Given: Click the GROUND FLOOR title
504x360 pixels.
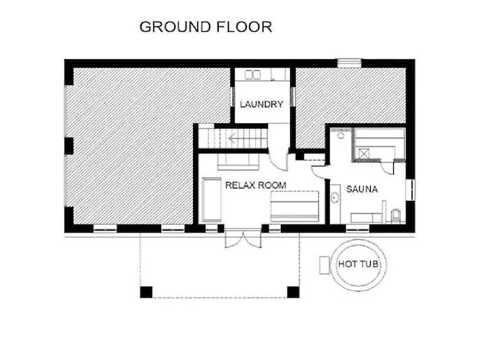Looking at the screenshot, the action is [206, 27].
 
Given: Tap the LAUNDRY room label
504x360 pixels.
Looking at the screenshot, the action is [261, 104].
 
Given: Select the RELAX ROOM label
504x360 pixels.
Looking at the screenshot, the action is [256, 185].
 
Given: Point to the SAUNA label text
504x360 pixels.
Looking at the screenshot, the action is [361, 189].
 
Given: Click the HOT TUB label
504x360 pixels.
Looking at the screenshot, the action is [358, 264].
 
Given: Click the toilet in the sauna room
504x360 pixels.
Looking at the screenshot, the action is [396, 216].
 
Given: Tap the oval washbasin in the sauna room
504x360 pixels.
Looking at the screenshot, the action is [335, 197].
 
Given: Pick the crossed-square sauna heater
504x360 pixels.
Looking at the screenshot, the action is [364, 153].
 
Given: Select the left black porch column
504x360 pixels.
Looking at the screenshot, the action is [146, 292].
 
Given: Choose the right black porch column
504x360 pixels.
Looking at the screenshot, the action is [293, 292].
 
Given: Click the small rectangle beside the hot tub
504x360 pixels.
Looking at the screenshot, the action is [325, 265].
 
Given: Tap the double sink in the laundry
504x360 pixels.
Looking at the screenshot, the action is [253, 75].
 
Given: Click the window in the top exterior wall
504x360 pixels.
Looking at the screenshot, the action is [350, 63].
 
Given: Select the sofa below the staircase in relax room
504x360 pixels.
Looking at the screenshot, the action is [238, 162].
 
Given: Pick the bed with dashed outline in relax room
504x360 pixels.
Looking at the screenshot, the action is [294, 207].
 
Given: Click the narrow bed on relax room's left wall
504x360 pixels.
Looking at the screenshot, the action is [212, 199].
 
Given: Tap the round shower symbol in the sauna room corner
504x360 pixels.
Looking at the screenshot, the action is [341, 135].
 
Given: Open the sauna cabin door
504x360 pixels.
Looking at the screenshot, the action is [387, 167].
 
